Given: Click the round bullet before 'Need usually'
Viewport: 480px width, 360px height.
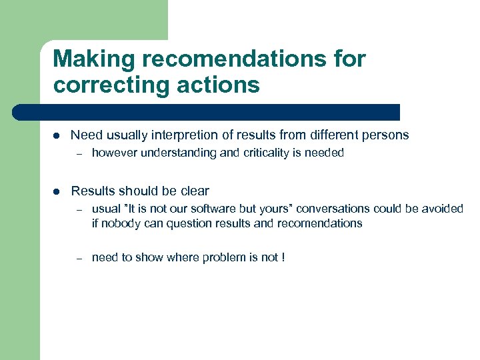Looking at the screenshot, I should click(57, 135).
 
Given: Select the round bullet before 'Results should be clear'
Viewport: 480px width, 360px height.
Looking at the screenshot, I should click(57, 191).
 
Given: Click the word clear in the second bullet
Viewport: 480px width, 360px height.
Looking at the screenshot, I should click(195, 191).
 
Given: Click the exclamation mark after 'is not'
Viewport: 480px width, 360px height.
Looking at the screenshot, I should click(283, 257).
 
